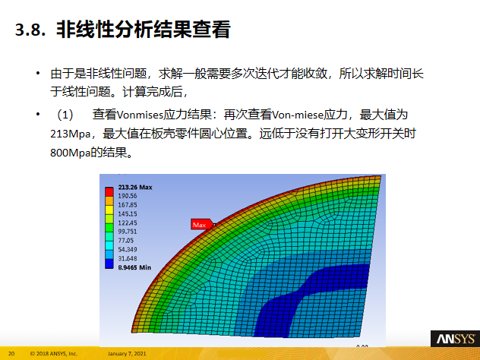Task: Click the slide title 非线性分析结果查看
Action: click(142, 31)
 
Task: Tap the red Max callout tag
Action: click(200, 225)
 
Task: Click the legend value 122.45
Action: click(128, 223)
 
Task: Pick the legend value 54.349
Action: click(128, 249)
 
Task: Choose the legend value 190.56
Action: click(128, 195)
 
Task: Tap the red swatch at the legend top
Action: click(109, 188)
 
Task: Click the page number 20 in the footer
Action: click(11, 353)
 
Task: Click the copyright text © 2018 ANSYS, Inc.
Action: click(54, 353)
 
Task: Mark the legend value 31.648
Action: click(128, 258)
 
